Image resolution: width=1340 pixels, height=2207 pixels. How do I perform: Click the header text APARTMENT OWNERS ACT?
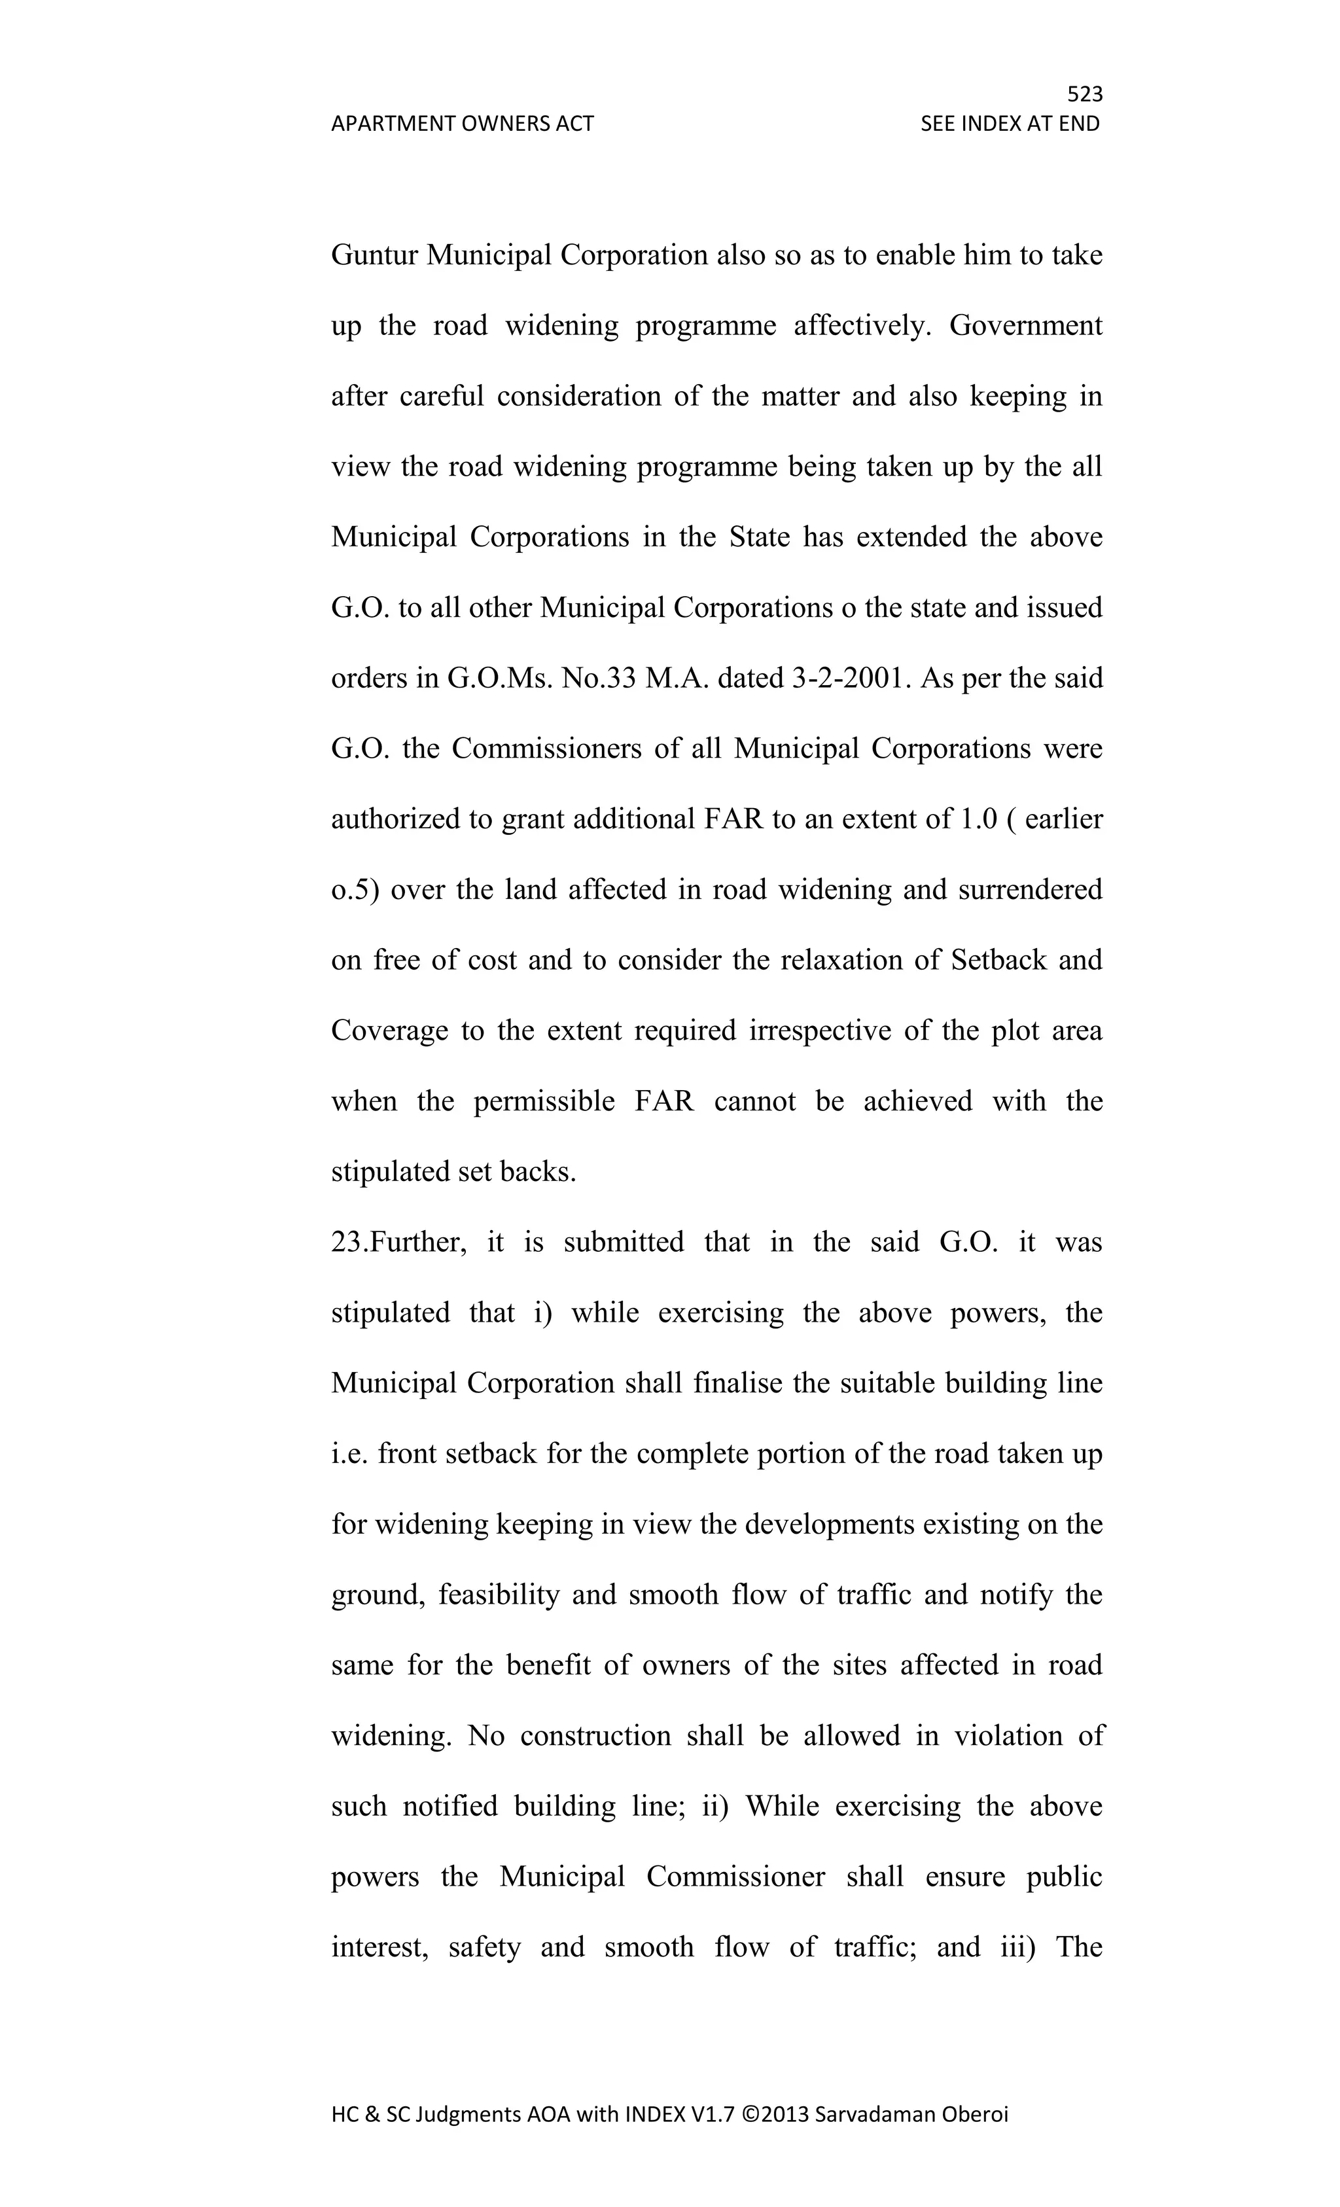point(462,124)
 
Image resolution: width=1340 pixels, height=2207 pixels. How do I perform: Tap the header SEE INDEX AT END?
point(1010,124)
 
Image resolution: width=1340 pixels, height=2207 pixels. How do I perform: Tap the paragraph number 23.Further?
point(398,1243)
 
